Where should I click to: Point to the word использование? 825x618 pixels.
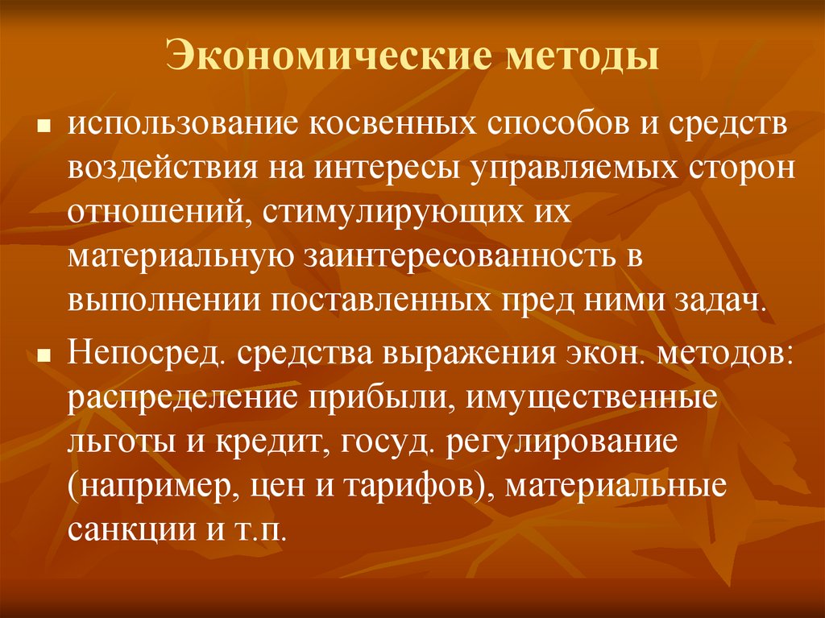pos(180,127)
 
